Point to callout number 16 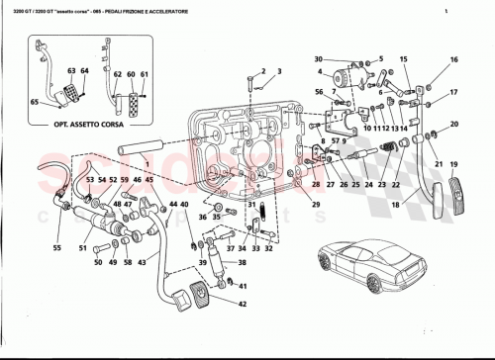point(454,59)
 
